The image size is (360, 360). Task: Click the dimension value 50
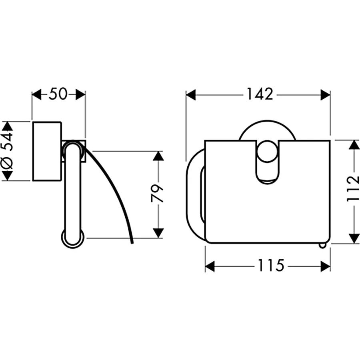58,94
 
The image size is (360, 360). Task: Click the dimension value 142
260,94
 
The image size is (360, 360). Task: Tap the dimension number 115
271,265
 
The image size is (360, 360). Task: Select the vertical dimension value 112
353,189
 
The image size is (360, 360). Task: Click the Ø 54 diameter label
7,150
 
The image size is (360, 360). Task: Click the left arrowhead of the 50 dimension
36,94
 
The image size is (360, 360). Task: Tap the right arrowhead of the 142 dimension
325,95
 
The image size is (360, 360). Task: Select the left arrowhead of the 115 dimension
210,266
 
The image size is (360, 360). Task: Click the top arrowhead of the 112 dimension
354,145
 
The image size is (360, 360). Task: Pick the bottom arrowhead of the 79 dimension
158,233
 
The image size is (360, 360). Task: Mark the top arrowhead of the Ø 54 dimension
7,126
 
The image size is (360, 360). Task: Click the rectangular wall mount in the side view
47,151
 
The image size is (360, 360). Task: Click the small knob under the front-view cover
322,246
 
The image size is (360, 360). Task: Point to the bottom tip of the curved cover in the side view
132,243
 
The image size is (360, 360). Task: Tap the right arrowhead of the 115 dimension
325,266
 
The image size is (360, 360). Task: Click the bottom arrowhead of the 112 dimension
354,238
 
